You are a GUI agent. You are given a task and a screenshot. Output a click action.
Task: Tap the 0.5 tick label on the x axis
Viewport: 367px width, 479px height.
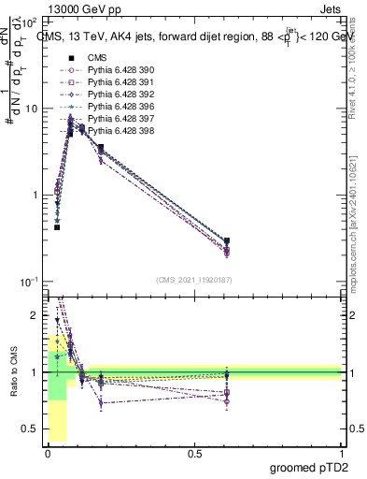tap(194, 453)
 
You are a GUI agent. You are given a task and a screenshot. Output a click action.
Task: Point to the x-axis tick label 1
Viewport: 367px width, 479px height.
tap(341, 453)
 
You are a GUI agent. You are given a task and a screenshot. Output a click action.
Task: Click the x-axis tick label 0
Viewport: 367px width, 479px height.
tap(49, 453)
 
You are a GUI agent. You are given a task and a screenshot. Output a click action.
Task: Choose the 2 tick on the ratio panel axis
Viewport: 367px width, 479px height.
tap(38, 315)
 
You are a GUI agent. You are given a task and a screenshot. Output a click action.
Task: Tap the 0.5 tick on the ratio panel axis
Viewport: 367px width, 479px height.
tap(34, 428)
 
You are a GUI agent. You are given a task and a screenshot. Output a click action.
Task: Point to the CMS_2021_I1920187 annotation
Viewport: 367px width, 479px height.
tap(194, 280)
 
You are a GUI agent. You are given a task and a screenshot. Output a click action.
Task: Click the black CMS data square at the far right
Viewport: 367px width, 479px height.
tap(227, 241)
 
